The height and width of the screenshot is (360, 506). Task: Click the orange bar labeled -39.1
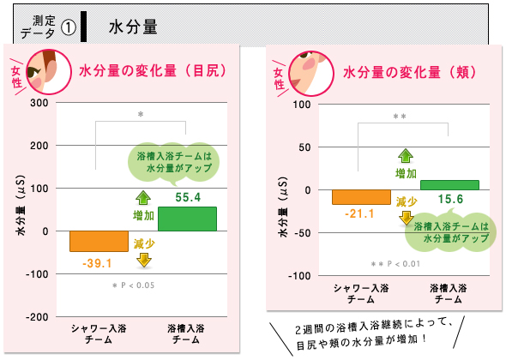[x=99, y=241]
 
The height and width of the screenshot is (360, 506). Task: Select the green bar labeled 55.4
[x=187, y=219]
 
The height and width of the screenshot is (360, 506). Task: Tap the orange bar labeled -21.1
[x=361, y=197]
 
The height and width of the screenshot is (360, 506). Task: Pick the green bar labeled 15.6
[x=449, y=185]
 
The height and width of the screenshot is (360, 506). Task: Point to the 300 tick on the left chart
[x=39, y=103]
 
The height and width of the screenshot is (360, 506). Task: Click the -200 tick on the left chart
[x=37, y=317]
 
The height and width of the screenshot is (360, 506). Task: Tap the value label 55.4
[x=188, y=197]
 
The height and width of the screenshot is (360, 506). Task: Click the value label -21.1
[x=359, y=213]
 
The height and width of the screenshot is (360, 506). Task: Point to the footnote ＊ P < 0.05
[x=133, y=285]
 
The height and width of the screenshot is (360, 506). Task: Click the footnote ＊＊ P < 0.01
[x=395, y=264]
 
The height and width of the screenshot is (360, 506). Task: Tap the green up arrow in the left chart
[x=143, y=198]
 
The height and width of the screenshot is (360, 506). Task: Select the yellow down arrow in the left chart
[x=144, y=260]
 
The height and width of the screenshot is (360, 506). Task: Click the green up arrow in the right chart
[x=406, y=155]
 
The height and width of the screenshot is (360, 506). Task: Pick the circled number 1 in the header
[x=69, y=27]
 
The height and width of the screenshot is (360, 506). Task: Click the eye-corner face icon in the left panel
[x=48, y=72]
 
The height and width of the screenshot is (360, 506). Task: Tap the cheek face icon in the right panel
[x=310, y=73]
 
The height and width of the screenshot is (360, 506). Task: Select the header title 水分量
[x=133, y=27]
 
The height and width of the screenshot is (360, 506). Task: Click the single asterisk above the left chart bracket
[x=141, y=114]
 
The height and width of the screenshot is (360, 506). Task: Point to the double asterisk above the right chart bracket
[x=400, y=117]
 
